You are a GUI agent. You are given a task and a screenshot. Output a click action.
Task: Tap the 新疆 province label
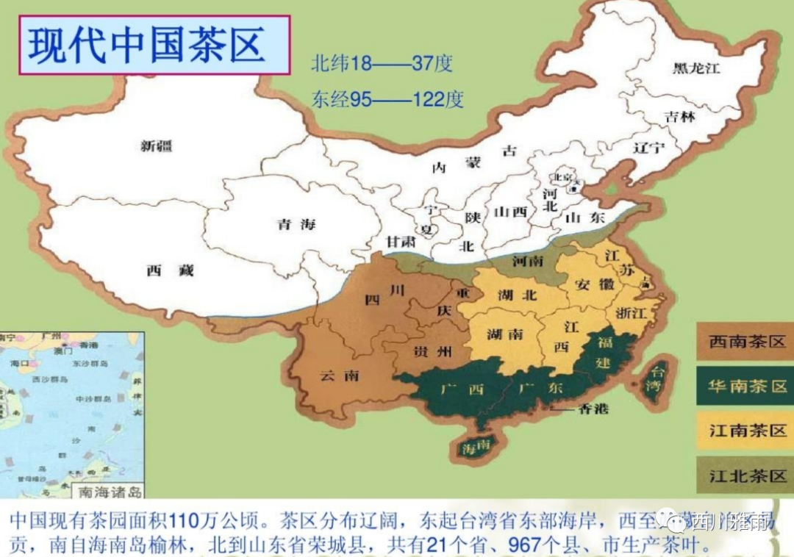coord(157,146)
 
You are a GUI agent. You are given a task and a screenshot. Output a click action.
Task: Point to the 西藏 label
coord(170,270)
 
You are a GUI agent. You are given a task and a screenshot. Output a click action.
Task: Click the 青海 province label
coord(296,224)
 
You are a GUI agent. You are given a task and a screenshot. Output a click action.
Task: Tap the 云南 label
coord(340,375)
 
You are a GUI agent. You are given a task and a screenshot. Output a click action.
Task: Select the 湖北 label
coord(517,295)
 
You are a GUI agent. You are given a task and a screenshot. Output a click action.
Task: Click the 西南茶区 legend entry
coord(744,342)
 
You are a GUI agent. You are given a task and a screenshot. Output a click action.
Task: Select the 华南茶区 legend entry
coord(744,387)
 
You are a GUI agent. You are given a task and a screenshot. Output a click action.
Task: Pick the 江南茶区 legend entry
coord(744,431)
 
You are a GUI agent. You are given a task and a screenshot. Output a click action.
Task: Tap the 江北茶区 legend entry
coord(744,475)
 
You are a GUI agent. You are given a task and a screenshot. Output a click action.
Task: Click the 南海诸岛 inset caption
coord(110,492)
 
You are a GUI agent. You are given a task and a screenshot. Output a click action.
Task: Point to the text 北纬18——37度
coord(382,64)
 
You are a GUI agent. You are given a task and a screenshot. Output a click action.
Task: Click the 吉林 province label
coord(679,116)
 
